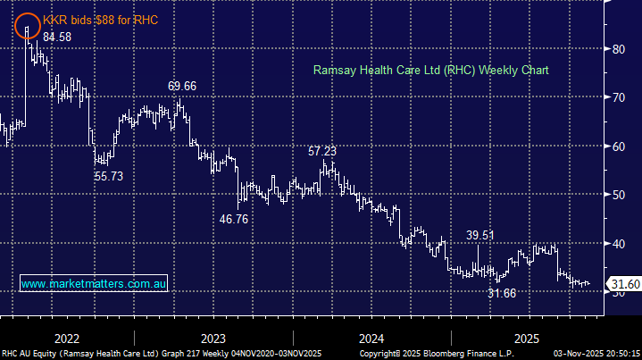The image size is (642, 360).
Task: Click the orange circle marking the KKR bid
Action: [x=29, y=25]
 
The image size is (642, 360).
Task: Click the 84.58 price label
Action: [x=58, y=38]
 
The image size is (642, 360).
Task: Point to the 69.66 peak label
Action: [x=182, y=86]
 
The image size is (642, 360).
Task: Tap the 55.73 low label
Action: [x=109, y=177]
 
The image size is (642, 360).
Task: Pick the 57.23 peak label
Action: [x=323, y=152]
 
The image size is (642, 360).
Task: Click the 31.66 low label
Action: [x=502, y=293]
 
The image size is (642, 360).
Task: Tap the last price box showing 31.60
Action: [x=622, y=285]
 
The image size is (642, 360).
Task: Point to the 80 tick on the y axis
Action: [x=618, y=49]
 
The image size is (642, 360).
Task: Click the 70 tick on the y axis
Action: [x=618, y=97]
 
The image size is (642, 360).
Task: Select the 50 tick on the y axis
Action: [x=618, y=195]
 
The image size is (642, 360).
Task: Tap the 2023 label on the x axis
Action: [x=213, y=339]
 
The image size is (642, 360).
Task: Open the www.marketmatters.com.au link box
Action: [x=94, y=283]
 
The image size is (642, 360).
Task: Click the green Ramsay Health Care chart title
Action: [x=430, y=70]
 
